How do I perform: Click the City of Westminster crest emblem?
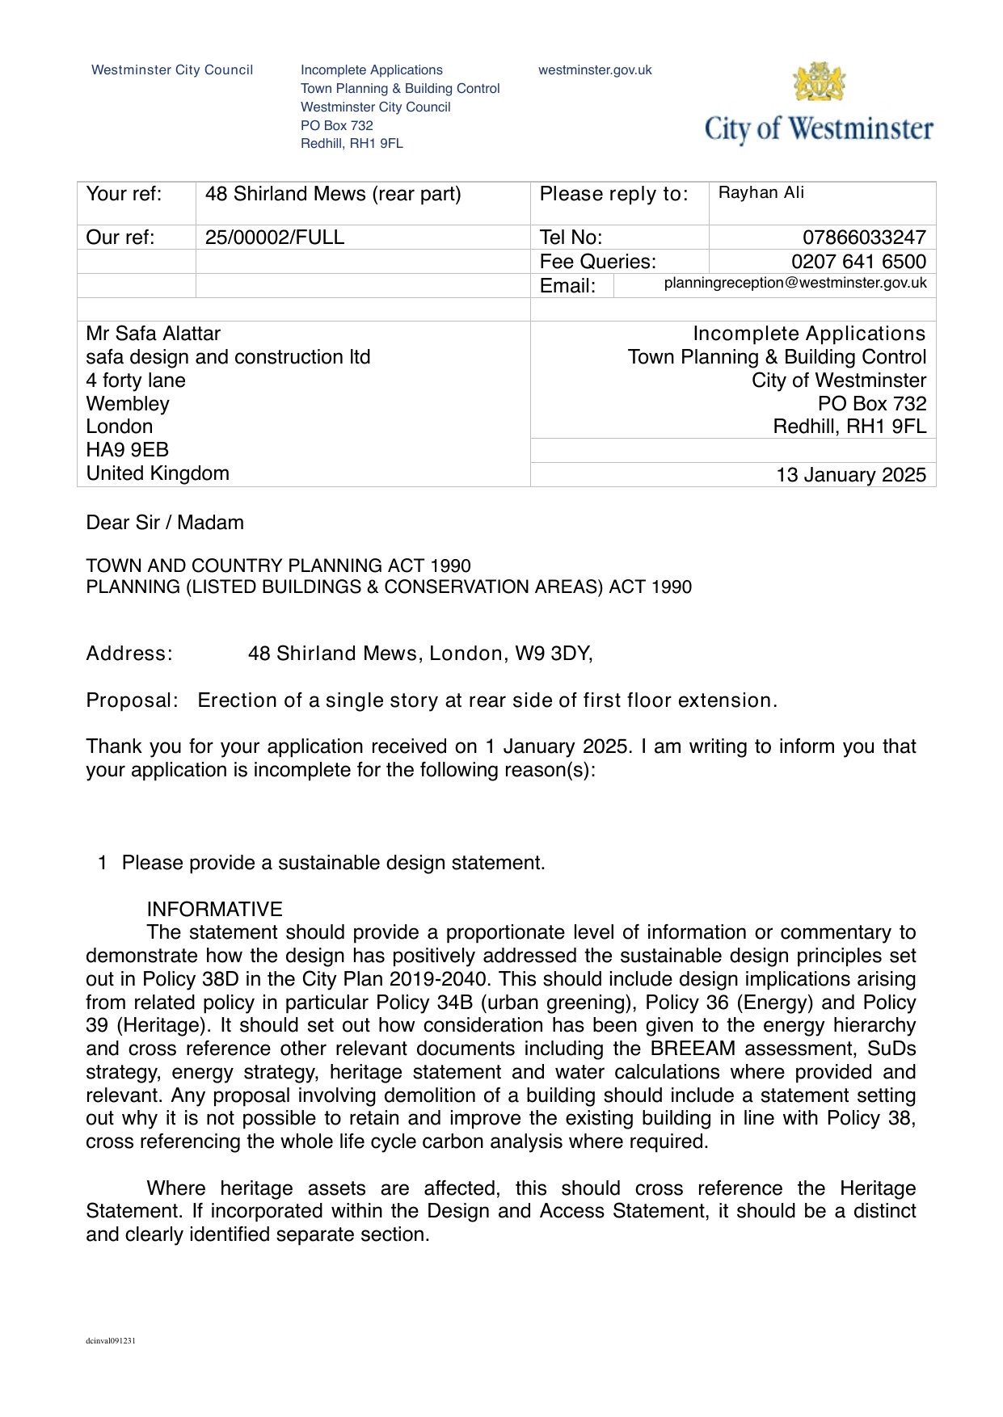coord(820,82)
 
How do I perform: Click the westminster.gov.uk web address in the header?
coord(595,70)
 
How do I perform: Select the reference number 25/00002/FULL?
coord(275,238)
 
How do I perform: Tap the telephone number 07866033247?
coord(864,238)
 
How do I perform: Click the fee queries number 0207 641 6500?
coord(858,262)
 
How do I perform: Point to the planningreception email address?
coord(795,283)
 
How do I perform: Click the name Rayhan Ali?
coord(761,193)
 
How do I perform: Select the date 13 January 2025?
coord(851,475)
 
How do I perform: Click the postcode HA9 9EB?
coord(127,450)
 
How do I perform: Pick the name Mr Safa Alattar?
coord(153,334)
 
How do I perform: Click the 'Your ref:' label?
coord(124,194)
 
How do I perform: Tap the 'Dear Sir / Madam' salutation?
coord(165,523)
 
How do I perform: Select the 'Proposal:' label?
coord(132,700)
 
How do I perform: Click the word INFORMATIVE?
coord(214,910)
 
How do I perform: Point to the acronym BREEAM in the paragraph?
coord(693,1049)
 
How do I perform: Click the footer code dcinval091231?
coord(111,1341)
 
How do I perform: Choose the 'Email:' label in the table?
coord(567,286)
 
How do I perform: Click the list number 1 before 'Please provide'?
coord(103,863)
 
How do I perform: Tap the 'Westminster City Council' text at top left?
coord(172,70)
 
